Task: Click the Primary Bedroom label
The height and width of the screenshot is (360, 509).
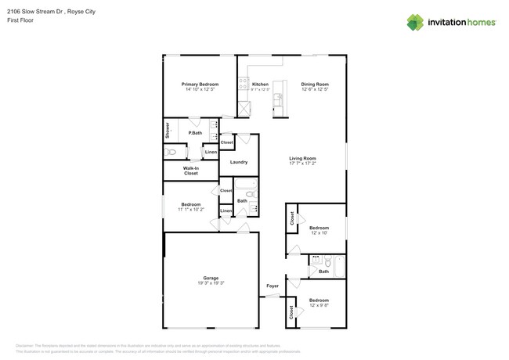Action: click(200, 84)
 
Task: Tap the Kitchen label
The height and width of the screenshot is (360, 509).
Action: click(260, 84)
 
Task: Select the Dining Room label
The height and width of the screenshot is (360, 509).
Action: click(315, 84)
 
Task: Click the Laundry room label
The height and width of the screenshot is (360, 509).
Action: click(239, 162)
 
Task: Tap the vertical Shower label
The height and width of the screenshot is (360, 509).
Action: click(167, 130)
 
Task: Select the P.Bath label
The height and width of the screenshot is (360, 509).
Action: click(196, 133)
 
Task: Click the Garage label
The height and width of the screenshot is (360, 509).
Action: click(211, 277)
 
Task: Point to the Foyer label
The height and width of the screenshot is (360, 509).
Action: click(273, 286)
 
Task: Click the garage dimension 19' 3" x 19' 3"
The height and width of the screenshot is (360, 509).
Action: click(211, 283)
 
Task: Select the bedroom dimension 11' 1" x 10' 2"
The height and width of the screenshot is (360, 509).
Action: click(190, 209)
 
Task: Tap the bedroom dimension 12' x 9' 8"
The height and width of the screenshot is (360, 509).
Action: click(319, 305)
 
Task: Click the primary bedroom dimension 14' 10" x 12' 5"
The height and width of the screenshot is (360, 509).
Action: click(200, 89)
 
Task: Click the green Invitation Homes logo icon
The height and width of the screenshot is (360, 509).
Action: click(415, 22)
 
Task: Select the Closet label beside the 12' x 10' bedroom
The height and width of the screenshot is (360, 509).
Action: click(291, 218)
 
